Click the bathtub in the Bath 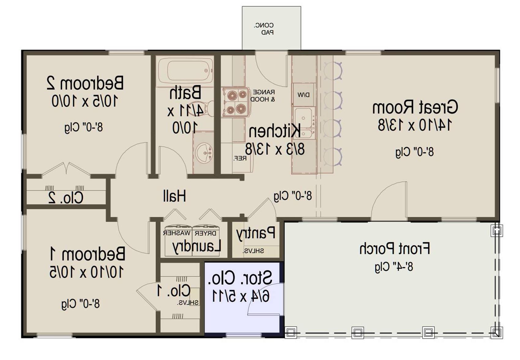pos(186,71)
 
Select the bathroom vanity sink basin pos(204,153)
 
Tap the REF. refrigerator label pos(240,158)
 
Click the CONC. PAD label pos(264,29)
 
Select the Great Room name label pos(415,107)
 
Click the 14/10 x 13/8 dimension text pos(414,125)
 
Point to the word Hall pos(174,195)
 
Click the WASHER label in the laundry pos(177,233)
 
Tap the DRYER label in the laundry pos(206,233)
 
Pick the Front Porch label pos(395,249)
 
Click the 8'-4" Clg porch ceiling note pos(394,267)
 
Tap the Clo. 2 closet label pos(66,198)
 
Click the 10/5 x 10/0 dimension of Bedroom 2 pos(85,101)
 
